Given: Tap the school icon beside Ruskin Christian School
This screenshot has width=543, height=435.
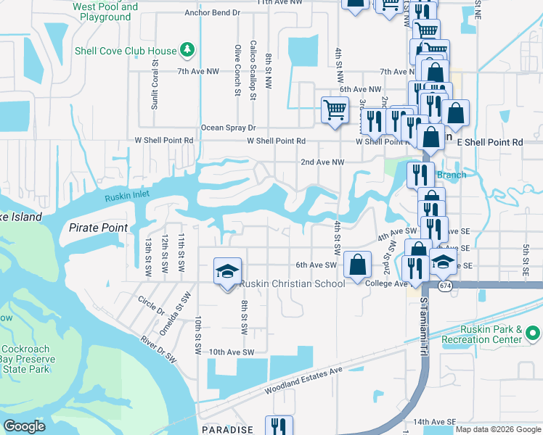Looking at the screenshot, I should coord(226,272).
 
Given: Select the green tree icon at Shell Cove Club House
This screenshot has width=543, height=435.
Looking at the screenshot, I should coord(188,50).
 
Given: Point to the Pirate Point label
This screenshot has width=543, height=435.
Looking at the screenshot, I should coord(98,228).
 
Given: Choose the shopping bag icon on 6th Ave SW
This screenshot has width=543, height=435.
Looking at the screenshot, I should coord(357,265).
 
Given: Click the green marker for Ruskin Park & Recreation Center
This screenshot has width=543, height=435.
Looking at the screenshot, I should coord(533,333).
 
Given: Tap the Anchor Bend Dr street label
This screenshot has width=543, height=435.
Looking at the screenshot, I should coord(212,12).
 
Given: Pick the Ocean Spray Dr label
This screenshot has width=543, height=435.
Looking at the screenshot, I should coord(229,128).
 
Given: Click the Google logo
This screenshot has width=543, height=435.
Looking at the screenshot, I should coord(25,426).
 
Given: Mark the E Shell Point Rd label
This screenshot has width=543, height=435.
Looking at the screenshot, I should coord(489,143).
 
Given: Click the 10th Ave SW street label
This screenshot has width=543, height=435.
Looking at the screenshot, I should coord(230,352).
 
